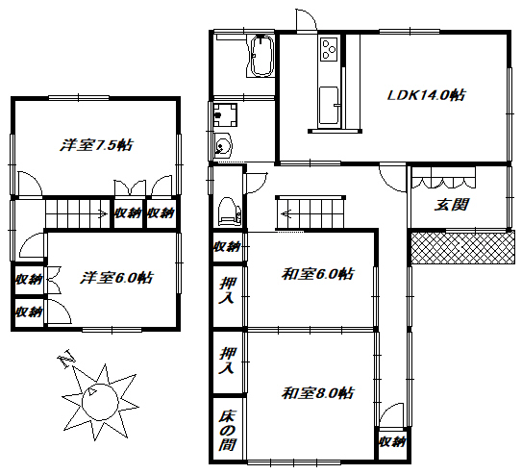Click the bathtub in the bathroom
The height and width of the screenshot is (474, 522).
click(x=262, y=56)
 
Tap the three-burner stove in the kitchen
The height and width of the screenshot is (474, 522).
click(x=329, y=49)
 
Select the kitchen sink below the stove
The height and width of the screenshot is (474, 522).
click(x=329, y=107)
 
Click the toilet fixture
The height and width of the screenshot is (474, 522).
click(x=230, y=212)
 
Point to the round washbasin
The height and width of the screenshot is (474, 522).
click(x=222, y=146)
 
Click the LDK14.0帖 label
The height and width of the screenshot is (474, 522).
click(x=427, y=95)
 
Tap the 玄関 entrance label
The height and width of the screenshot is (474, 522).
click(x=452, y=205)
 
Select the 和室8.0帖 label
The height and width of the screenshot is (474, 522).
click(x=318, y=393)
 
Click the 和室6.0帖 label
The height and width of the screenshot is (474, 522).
click(x=318, y=274)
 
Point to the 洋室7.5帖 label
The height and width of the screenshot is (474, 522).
click(x=96, y=145)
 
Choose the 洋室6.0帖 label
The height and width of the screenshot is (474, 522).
click(x=116, y=278)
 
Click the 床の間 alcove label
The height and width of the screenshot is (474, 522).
click(x=228, y=431)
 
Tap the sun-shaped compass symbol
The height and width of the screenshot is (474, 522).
click(x=100, y=401)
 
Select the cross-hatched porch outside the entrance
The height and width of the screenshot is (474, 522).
click(x=463, y=248)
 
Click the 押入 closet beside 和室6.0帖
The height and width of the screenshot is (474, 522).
click(x=228, y=290)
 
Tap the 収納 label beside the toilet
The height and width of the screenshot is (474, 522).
click(x=227, y=247)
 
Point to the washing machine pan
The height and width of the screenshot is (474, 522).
click(x=225, y=114)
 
